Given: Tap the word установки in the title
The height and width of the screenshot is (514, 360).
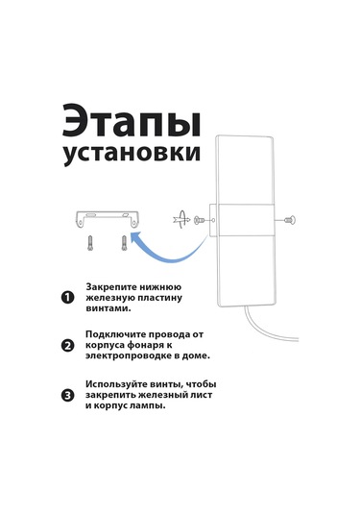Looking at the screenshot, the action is click(132, 154).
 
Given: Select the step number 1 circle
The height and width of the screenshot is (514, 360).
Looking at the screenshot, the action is click(67, 298).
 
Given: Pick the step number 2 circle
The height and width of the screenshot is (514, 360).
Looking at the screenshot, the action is click(67, 346).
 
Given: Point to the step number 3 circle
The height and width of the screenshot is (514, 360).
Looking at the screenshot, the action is click(67, 394).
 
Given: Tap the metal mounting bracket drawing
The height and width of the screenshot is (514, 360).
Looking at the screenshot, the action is click(107, 217).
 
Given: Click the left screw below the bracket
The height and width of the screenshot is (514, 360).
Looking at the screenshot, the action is click(89, 241).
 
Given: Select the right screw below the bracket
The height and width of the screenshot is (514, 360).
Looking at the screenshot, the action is click(124, 241).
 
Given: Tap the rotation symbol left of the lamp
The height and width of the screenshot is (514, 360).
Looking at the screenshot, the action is click(178, 220).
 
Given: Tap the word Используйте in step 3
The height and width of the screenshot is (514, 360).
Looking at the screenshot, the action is click(121, 383).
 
